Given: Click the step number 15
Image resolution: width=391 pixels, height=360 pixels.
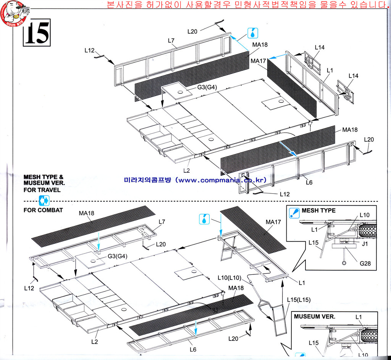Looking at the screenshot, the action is pyautogui.click(x=37, y=33).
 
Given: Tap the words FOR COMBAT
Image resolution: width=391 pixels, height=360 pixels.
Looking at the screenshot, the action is pyautogui.click(x=43, y=210).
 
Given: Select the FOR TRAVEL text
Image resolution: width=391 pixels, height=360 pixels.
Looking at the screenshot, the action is pyautogui.click(x=42, y=190).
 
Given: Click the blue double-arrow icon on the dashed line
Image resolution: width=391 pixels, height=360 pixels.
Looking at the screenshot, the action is pyautogui.click(x=44, y=201).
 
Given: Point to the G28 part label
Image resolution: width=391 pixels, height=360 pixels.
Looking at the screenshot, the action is pyautogui.click(x=365, y=263).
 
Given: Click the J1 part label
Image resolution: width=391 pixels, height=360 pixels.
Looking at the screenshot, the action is pyautogui.click(x=365, y=244).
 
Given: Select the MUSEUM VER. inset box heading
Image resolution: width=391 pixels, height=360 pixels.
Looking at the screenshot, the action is pyautogui.click(x=315, y=316).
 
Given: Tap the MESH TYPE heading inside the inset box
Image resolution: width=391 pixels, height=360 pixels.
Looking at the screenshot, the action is pyautogui.click(x=318, y=211).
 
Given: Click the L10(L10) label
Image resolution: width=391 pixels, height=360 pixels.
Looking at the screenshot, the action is pyautogui.click(x=229, y=277).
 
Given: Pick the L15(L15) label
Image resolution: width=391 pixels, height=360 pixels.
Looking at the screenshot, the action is pyautogui.click(x=299, y=300).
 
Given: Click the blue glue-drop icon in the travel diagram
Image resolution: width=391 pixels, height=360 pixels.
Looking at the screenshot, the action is pyautogui.click(x=253, y=33).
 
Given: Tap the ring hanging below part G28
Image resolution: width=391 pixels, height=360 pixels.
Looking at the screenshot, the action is pyautogui.click(x=344, y=263).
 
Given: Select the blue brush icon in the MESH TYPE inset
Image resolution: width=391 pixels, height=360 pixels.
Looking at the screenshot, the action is pyautogui.click(x=294, y=213).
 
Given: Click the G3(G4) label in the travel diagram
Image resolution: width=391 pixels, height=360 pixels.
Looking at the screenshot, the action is pyautogui.click(x=207, y=87).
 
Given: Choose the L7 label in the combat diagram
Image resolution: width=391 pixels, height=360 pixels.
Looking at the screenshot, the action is pyautogui.click(x=162, y=222).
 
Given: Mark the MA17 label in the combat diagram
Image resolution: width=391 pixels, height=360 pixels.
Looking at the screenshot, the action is pyautogui.click(x=273, y=222).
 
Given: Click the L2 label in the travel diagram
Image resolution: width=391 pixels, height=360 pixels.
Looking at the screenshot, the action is pyautogui.click(x=186, y=170).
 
